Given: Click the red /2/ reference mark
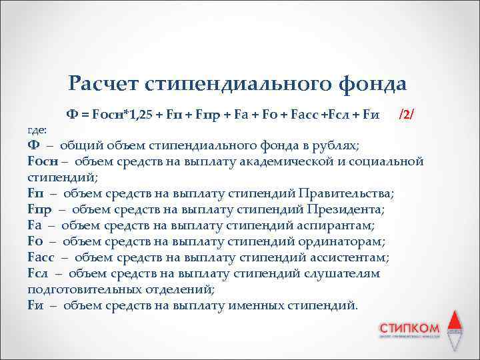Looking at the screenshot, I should point(406,113).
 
